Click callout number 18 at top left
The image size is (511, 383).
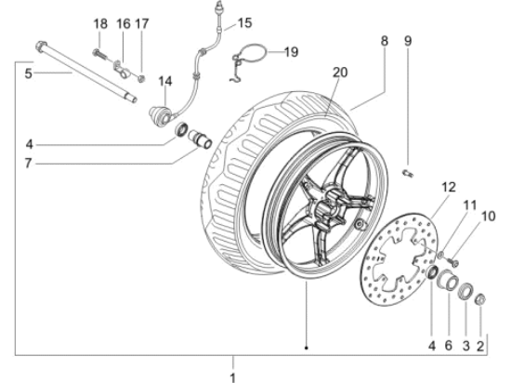pyautogui.click(x=100, y=22)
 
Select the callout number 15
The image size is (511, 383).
pyautogui.click(x=243, y=21)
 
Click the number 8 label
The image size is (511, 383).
pyautogui.click(x=384, y=40)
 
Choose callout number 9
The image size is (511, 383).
pyautogui.click(x=407, y=40)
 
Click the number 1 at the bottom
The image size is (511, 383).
pyautogui.click(x=233, y=376)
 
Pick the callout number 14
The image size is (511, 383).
pyautogui.click(x=164, y=81)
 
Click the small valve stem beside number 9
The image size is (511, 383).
pyautogui.click(x=406, y=171)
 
